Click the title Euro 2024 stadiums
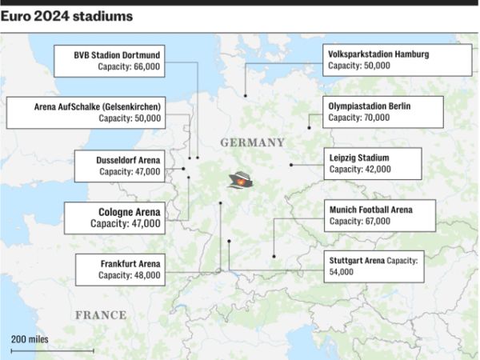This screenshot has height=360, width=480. point(67,16)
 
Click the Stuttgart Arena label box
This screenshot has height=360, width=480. point(374,266)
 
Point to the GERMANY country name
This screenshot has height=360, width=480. point(252,142)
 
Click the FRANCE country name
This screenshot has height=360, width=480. point(101,315)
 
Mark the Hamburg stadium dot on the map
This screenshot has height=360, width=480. point(246,96)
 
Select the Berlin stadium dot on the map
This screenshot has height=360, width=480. point(309,127)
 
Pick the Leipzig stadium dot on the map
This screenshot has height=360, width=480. point(291,165)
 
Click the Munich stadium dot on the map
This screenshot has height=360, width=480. point(274,257)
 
